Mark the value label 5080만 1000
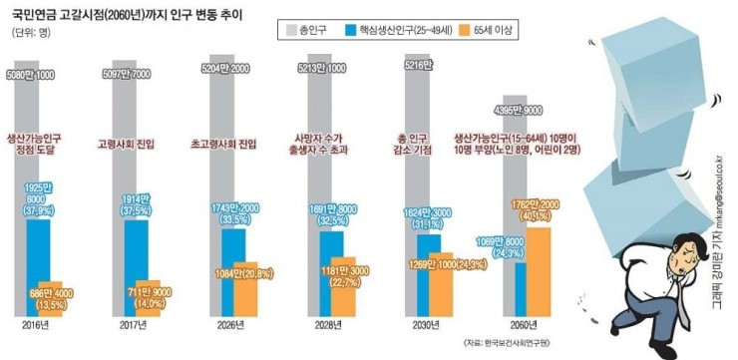point(31,75)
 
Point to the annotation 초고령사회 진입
point(222,144)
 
